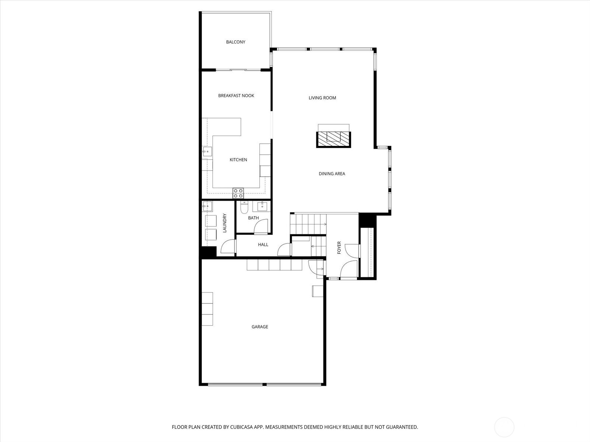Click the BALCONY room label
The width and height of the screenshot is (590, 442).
(x=236, y=42)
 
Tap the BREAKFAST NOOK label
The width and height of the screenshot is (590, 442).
(x=236, y=96)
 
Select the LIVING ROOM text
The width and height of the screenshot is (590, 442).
(x=322, y=98)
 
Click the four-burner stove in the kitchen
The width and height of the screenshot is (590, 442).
(x=238, y=193)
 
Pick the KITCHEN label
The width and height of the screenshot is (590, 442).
(x=238, y=160)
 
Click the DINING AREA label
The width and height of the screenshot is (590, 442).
(x=332, y=174)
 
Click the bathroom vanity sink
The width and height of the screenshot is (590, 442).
(x=263, y=206)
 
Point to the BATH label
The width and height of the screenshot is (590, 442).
(x=253, y=218)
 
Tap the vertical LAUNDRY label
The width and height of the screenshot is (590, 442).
(x=225, y=223)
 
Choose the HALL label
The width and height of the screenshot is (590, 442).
(x=263, y=245)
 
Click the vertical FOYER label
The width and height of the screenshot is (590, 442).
(x=339, y=248)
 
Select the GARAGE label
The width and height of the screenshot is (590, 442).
(x=260, y=327)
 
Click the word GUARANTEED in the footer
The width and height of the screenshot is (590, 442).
(x=402, y=427)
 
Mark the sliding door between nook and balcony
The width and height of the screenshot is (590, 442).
(x=238, y=70)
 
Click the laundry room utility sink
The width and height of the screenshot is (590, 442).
(x=207, y=206)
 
